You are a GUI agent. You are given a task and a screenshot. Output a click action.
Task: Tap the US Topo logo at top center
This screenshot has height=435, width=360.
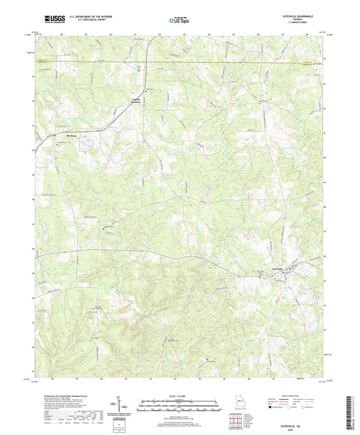179,21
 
